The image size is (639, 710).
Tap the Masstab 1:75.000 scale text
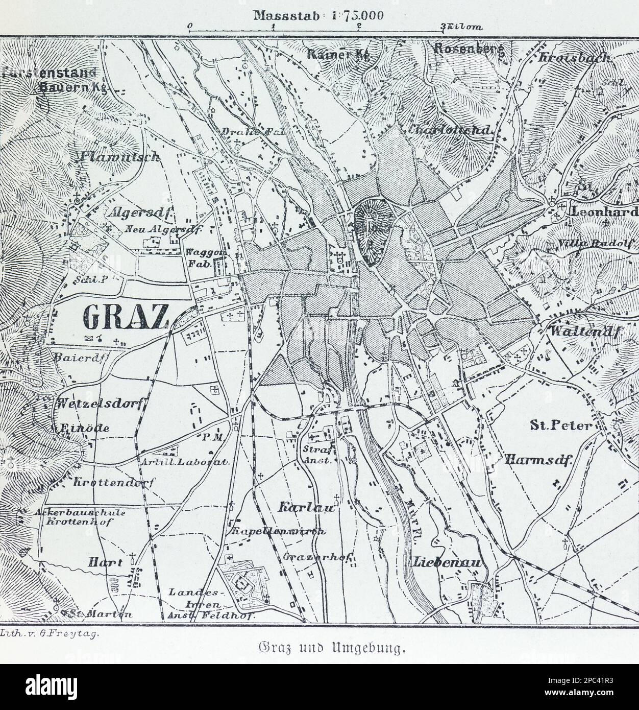click(318, 15)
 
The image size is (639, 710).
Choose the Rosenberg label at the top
click(469, 50)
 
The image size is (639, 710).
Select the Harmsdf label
click(539, 459)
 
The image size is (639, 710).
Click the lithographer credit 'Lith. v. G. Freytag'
click(50, 632)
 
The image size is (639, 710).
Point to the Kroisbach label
click(574, 58)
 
